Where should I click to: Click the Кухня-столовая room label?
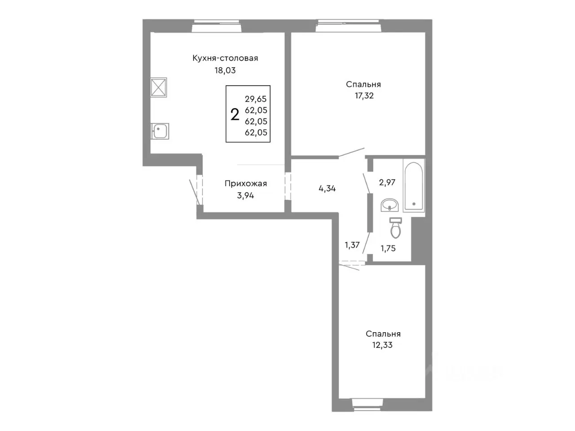(225, 58)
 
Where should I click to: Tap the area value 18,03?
(225, 70)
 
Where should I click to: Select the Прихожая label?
(245, 184)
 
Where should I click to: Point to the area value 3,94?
(245, 195)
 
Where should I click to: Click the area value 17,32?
(364, 96)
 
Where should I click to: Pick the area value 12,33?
(382, 345)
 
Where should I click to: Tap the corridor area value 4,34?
(327, 189)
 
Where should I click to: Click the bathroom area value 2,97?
(387, 182)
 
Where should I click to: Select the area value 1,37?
(352, 245)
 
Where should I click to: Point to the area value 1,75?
(388, 248)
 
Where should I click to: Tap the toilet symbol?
(396, 228)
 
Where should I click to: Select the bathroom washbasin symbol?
(389, 205)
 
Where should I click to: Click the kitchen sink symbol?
(160, 131)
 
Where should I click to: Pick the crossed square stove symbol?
(159, 88)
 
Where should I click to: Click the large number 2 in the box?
(234, 114)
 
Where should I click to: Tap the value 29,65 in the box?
(256, 99)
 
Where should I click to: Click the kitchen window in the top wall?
(217, 26)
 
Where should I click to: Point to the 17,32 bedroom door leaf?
(352, 153)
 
